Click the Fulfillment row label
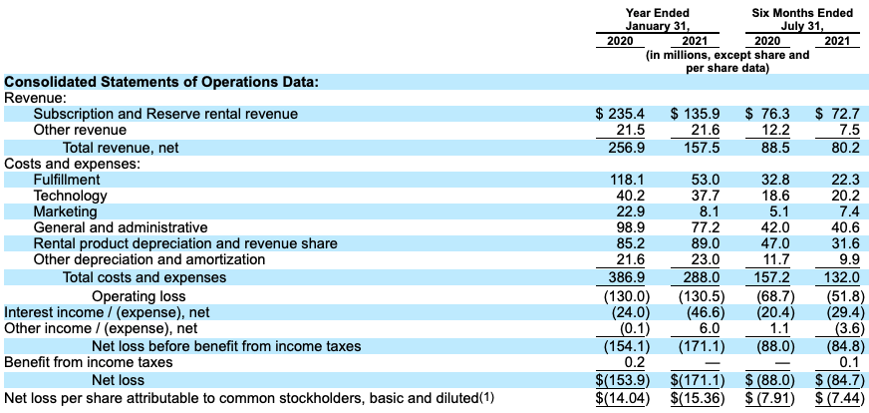(67, 180)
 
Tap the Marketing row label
(65, 211)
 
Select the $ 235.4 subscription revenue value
(622, 114)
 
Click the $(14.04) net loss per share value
(623, 399)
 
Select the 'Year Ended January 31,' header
(658, 19)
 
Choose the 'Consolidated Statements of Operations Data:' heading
(161, 82)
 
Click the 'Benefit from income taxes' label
(89, 362)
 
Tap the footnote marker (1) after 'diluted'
(485, 398)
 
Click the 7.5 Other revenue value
(849, 130)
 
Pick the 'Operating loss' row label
(139, 296)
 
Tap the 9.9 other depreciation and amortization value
(849, 260)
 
